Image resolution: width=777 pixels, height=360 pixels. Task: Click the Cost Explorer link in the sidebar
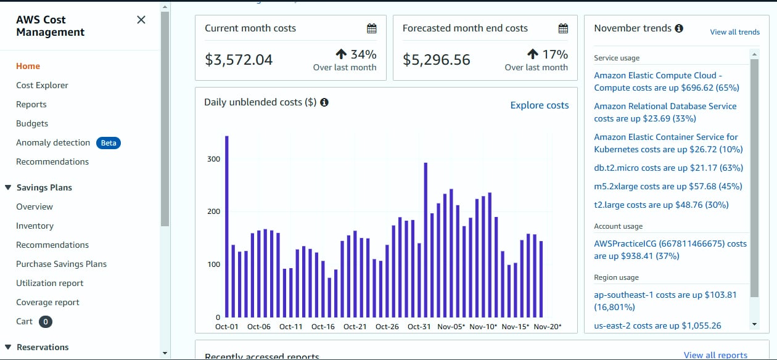42,85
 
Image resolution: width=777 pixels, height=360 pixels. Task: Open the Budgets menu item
32,123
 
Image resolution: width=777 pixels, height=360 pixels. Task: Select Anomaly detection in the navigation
53,142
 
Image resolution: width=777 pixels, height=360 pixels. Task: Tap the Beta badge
108,143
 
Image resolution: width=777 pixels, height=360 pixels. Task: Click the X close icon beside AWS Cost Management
141,20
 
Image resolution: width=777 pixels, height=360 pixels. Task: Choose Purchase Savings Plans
61,264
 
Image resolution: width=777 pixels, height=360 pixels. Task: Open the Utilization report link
49,283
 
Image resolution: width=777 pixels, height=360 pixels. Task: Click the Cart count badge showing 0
46,321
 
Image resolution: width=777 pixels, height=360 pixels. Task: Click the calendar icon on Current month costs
371,28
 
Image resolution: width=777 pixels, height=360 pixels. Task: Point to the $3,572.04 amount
239,60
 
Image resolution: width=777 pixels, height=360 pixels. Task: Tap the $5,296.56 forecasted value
437,60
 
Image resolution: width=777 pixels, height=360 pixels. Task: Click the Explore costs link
540,105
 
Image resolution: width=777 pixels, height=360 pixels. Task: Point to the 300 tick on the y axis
213,159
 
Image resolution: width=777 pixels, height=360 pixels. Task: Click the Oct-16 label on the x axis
323,327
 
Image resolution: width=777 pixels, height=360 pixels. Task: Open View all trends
734,32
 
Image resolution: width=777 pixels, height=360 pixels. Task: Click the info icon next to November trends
679,28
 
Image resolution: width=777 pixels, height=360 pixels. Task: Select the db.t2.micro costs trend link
668,168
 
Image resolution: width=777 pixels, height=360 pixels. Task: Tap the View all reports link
715,355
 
